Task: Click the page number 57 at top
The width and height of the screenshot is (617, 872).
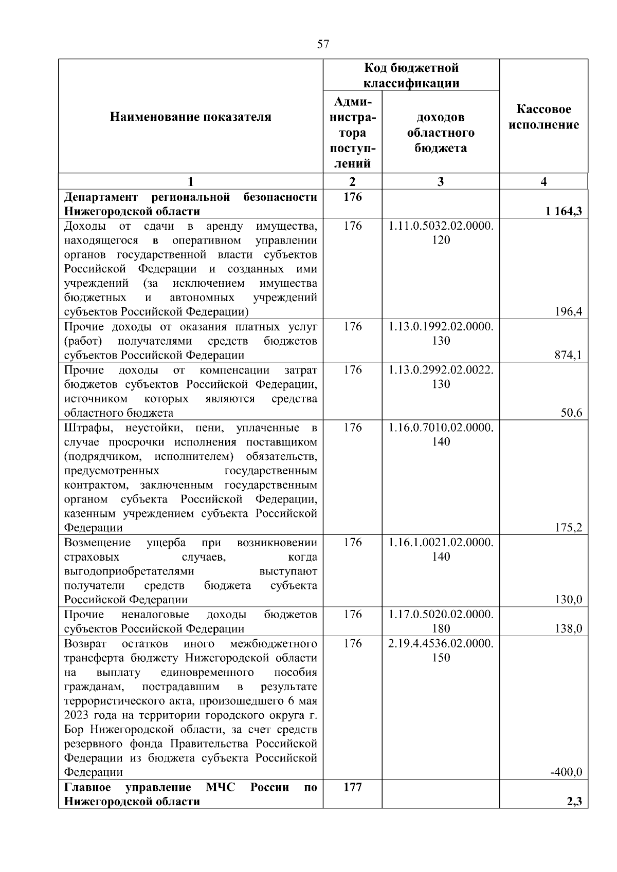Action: coord(323,44)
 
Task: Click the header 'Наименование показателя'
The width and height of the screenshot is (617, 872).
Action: coord(190,117)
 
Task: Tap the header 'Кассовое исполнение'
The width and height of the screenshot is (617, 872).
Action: coord(543,117)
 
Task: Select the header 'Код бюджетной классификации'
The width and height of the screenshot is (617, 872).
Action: coord(411,76)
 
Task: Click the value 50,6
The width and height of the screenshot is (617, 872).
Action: coord(571,413)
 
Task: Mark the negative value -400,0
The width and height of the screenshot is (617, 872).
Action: coord(566,772)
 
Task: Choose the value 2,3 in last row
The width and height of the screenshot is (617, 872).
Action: coord(574,801)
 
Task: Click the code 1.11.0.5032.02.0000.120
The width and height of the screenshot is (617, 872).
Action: coord(441,233)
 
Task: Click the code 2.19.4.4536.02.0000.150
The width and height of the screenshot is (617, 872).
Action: coord(441,651)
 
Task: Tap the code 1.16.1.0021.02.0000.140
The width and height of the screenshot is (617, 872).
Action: coord(441,549)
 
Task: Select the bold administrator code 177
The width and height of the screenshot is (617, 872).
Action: coord(352,787)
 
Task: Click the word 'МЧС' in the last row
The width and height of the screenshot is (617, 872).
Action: coord(220,787)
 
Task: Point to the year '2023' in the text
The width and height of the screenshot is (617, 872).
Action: coord(76,715)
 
